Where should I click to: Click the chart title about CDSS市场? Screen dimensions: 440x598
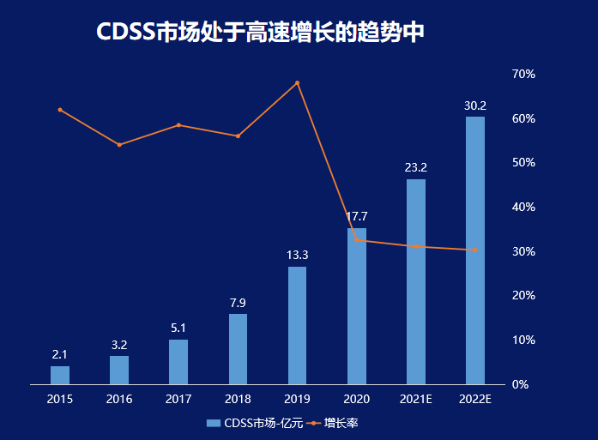pyautogui.click(x=260, y=32)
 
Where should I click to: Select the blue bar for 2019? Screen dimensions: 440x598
pyautogui.click(x=297, y=325)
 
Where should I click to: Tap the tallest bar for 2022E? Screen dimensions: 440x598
pyautogui.click(x=475, y=250)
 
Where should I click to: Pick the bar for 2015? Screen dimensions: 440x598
pyautogui.click(x=60, y=375)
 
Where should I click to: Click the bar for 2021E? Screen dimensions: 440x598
pyautogui.click(x=416, y=281)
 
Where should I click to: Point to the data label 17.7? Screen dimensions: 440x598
pyautogui.click(x=357, y=216)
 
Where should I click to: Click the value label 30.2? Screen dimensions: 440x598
pyautogui.click(x=475, y=105)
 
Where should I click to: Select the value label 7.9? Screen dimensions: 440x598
pyautogui.click(x=238, y=303)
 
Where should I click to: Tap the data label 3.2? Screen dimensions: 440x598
pyautogui.click(x=119, y=345)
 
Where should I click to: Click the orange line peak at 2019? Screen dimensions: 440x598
pyautogui.click(x=298, y=82)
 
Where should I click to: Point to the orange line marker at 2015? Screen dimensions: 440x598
pyautogui.click(x=60, y=110)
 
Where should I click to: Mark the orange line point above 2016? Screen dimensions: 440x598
pyautogui.click(x=119, y=145)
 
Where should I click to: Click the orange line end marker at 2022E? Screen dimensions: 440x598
pyautogui.click(x=475, y=250)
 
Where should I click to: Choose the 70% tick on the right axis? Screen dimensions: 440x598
pyautogui.click(x=523, y=74)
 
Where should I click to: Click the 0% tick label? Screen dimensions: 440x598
pyautogui.click(x=520, y=384)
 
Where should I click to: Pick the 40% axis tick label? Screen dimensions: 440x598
pyautogui.click(x=523, y=207)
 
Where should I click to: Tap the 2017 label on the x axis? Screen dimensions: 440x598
pyautogui.click(x=178, y=400)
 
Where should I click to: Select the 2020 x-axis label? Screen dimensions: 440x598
pyautogui.click(x=357, y=400)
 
